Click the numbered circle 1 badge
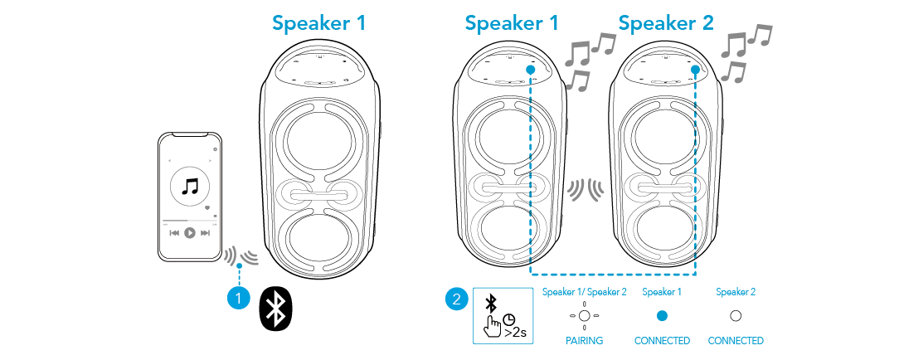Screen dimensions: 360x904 tap(238, 296)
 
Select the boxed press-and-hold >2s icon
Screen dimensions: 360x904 tap(502, 315)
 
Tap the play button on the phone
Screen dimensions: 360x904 tap(190, 233)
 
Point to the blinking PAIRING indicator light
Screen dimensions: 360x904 tap(585, 315)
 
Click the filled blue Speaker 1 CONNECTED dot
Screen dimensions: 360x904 tap(662, 315)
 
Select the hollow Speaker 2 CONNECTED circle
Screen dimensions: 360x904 tap(735, 315)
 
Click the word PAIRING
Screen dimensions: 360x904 tap(585, 341)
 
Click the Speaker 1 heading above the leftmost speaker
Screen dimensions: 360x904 tap(318, 23)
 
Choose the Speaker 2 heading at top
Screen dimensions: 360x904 tap(666, 23)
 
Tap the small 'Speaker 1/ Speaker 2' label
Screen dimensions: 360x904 tap(585, 292)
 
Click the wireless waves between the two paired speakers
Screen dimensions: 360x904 tap(585, 190)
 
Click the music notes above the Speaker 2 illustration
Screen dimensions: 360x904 tap(745, 54)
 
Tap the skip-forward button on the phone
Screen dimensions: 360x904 tap(205, 233)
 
